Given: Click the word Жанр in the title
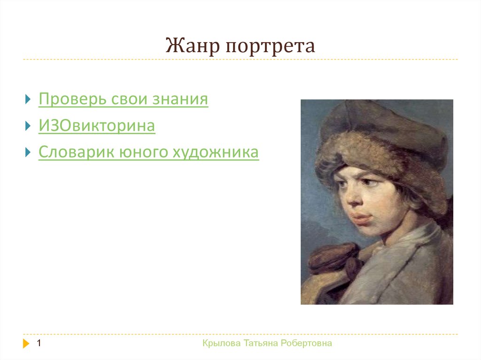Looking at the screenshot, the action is click(x=193, y=46).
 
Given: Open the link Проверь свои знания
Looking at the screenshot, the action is click(x=124, y=99).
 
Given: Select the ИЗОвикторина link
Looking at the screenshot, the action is click(x=97, y=125).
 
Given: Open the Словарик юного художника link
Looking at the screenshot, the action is click(x=149, y=152).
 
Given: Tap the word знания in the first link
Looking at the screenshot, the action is click(x=180, y=100).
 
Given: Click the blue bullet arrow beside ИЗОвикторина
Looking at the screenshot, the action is click(x=28, y=126).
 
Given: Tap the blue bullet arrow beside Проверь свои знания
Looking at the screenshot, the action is click(x=28, y=99).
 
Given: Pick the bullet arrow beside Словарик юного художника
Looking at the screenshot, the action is click(x=28, y=152).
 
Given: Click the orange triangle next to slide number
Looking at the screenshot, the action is click(x=26, y=344).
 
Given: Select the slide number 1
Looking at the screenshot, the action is click(x=39, y=343).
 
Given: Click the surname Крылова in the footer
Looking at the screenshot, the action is click(x=222, y=343).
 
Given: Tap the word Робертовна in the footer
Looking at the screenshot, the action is click(x=306, y=343).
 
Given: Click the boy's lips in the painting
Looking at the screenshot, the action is click(x=361, y=218).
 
